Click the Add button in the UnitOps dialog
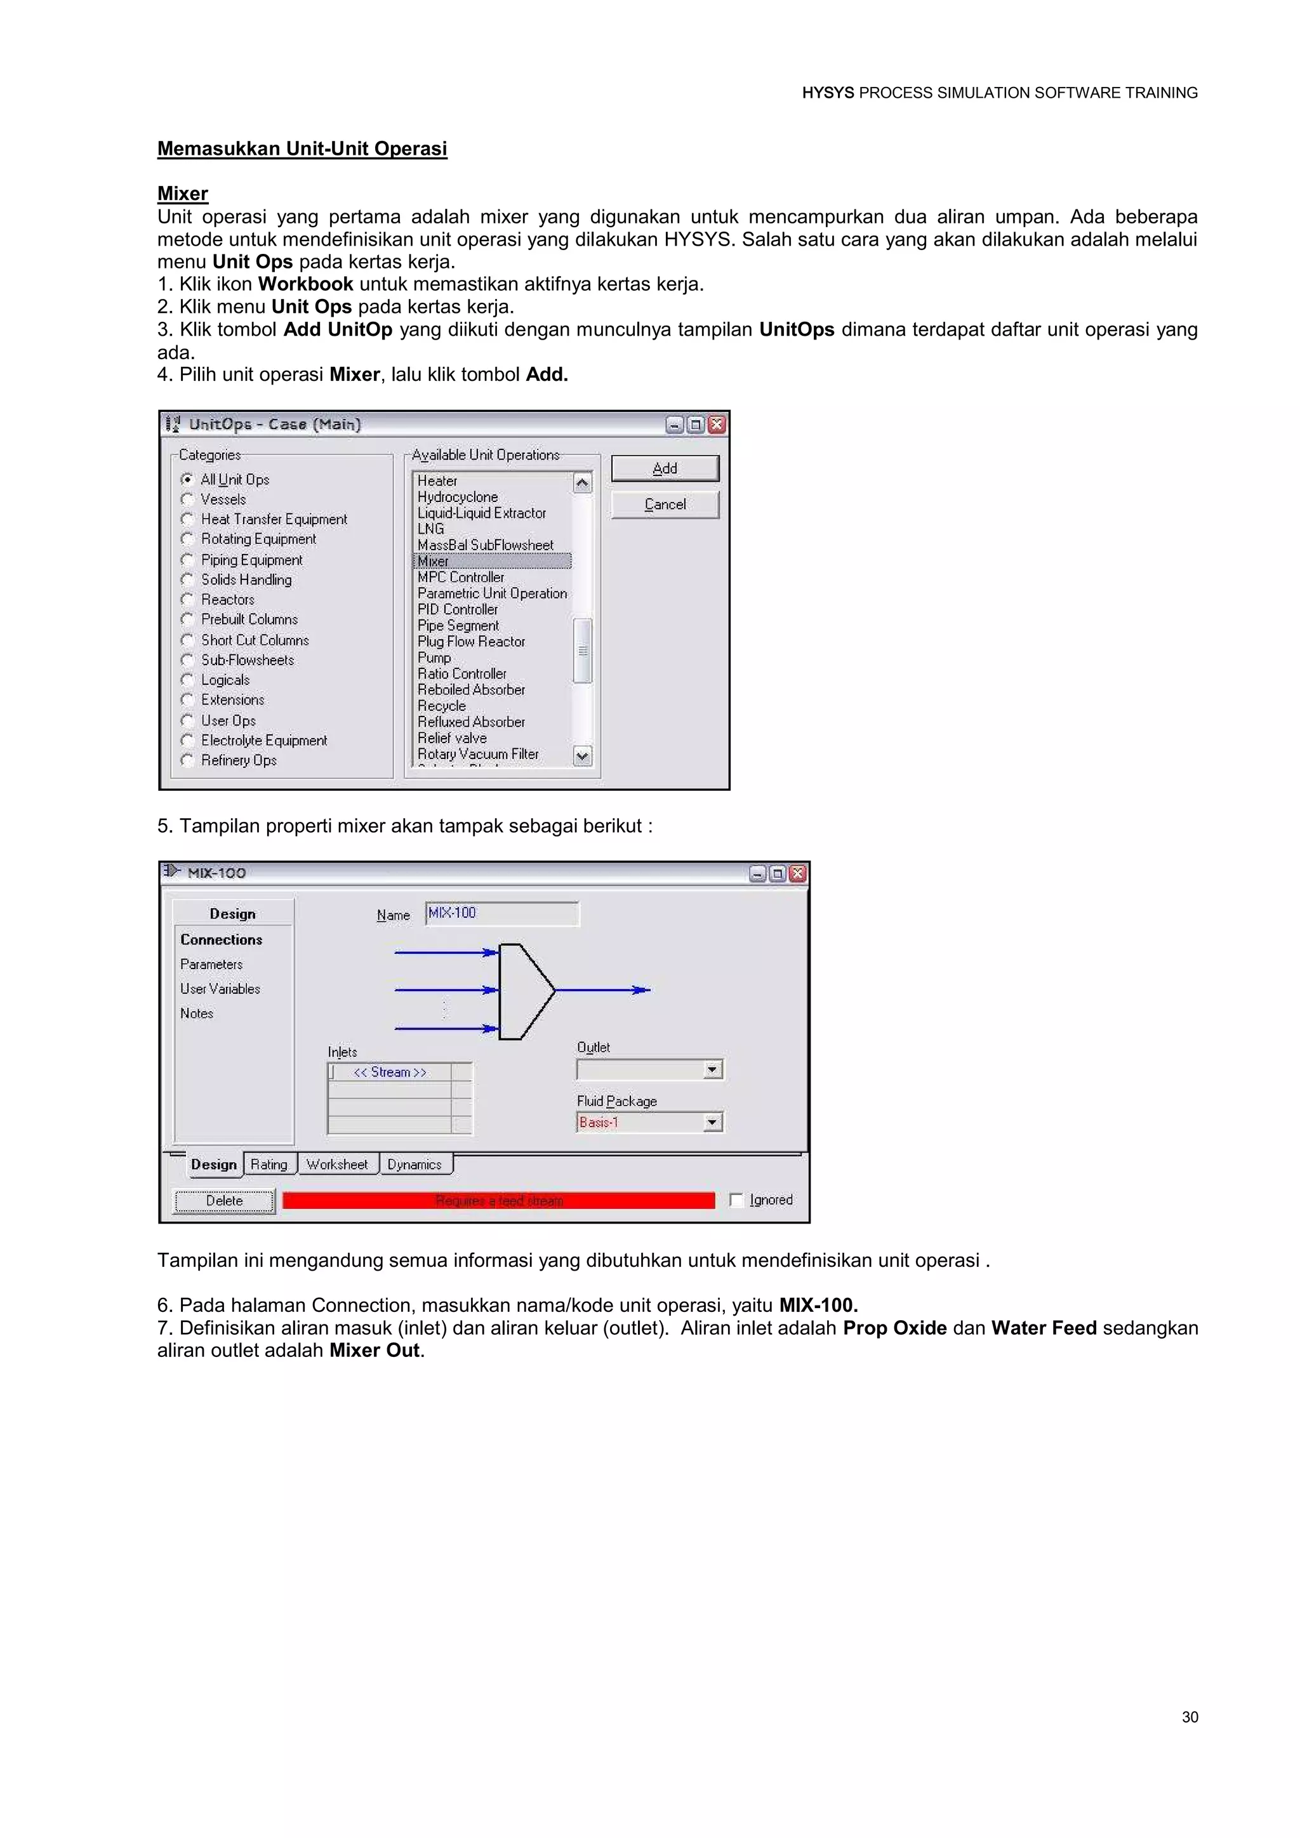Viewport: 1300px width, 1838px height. coord(665,468)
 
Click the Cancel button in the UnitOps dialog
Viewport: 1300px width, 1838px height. coord(665,505)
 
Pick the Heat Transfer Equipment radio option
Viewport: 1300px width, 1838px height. coord(187,519)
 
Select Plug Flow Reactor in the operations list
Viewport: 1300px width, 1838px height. coord(471,641)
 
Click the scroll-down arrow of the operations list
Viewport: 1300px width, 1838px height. coord(583,755)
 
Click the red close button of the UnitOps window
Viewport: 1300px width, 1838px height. coord(717,425)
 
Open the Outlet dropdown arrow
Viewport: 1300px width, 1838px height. coord(712,1069)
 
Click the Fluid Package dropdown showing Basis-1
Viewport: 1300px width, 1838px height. coord(649,1122)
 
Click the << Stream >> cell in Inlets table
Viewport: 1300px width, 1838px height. coord(390,1072)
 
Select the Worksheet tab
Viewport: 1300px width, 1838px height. coord(337,1164)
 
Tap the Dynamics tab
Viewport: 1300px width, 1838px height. coord(415,1164)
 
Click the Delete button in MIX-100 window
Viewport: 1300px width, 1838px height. coord(224,1200)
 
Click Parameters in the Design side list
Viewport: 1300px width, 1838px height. coord(211,964)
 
